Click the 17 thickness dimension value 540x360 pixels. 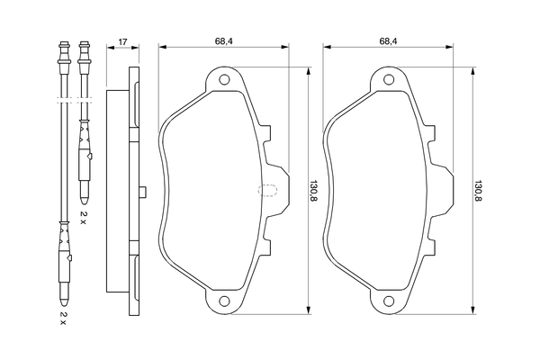click(123, 42)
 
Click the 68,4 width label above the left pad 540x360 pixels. click(224, 41)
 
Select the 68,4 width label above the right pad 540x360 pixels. click(389, 41)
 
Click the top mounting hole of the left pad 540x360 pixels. click(224, 80)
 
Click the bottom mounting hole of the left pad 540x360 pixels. click(224, 301)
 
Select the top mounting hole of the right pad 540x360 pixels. click(389, 80)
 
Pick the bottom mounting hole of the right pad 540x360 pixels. click(389, 301)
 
